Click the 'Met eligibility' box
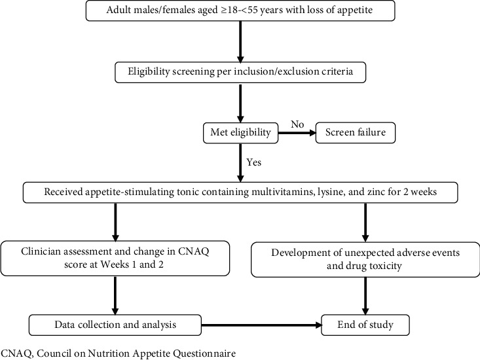pyautogui.click(x=240, y=133)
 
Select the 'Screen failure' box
pyautogui.click(x=356, y=133)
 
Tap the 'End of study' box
pyautogui.click(x=365, y=325)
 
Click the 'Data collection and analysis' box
pyautogui.click(x=115, y=325)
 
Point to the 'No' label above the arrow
pyautogui.click(x=297, y=124)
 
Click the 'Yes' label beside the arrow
pyautogui.click(x=254, y=162)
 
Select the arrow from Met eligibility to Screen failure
pyautogui.click(x=297, y=133)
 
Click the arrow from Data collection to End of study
pyautogui.click(x=261, y=325)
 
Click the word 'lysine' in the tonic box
pyautogui.click(x=324, y=192)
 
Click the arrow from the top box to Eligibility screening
pyautogui.click(x=240, y=42)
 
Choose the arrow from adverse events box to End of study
pyautogui.click(x=365, y=296)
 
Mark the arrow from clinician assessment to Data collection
pyautogui.click(x=115, y=295)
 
